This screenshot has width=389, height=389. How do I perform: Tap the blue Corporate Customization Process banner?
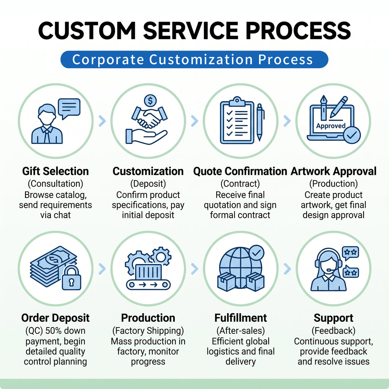click(194, 60)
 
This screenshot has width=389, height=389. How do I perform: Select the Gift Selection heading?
click(55, 171)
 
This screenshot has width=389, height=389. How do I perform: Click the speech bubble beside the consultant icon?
click(69, 109)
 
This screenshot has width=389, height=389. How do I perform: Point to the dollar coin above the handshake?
click(150, 100)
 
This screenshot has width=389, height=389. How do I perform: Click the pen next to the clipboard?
click(260, 122)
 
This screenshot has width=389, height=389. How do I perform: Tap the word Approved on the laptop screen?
click(331, 126)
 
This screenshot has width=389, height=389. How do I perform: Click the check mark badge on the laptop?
click(352, 135)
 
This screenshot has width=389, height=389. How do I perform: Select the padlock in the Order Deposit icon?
click(71, 278)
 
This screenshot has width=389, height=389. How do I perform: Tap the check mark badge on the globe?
click(256, 253)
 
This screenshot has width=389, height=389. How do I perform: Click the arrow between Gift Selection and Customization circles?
click(102, 121)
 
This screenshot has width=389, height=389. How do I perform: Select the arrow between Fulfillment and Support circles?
click(287, 269)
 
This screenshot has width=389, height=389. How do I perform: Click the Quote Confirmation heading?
click(240, 171)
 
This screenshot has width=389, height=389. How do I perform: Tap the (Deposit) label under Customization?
click(148, 183)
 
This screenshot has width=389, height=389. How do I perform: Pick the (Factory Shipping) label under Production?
click(148, 331)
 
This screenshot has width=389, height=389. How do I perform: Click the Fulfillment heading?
click(240, 318)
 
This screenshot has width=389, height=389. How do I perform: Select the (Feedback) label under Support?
click(334, 331)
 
